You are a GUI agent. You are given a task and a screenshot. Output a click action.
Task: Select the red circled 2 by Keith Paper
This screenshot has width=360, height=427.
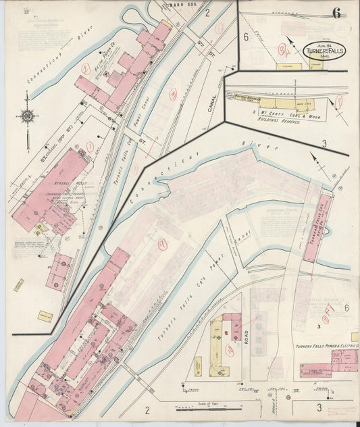pos(86,68)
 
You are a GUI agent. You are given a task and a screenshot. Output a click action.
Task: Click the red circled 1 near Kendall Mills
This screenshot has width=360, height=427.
pos(89,146)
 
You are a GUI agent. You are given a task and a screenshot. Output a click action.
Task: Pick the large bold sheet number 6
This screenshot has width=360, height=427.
pos(336,12)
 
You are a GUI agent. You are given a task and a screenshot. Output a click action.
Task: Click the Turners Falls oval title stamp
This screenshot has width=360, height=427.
pos(323,51)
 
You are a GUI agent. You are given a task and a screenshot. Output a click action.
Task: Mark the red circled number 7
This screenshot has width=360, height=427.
pos(339,101)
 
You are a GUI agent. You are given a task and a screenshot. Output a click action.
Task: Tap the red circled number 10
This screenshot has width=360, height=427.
pos(230,350)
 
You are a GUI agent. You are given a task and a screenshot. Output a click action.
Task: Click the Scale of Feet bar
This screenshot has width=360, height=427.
pos(207,408)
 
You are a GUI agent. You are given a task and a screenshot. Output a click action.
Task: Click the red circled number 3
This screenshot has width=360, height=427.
pos(172,95)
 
